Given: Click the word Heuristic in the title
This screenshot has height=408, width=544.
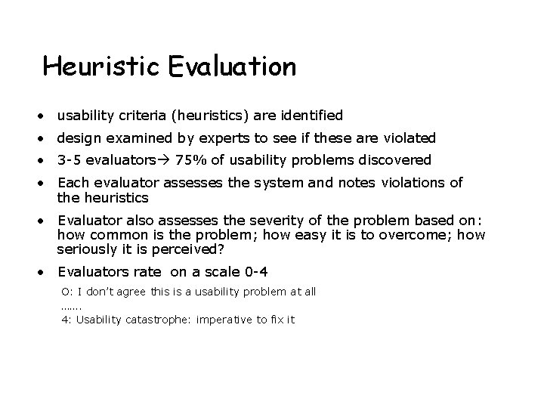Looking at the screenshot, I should (102, 67).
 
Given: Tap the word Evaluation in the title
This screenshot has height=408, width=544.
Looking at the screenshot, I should (232, 67).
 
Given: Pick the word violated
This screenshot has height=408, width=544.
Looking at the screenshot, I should (410, 138).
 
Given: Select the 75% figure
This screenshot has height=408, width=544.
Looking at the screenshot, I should (189, 160).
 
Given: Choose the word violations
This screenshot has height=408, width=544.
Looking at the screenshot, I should (415, 183).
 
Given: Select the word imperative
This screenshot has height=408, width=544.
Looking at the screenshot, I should (223, 320).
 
